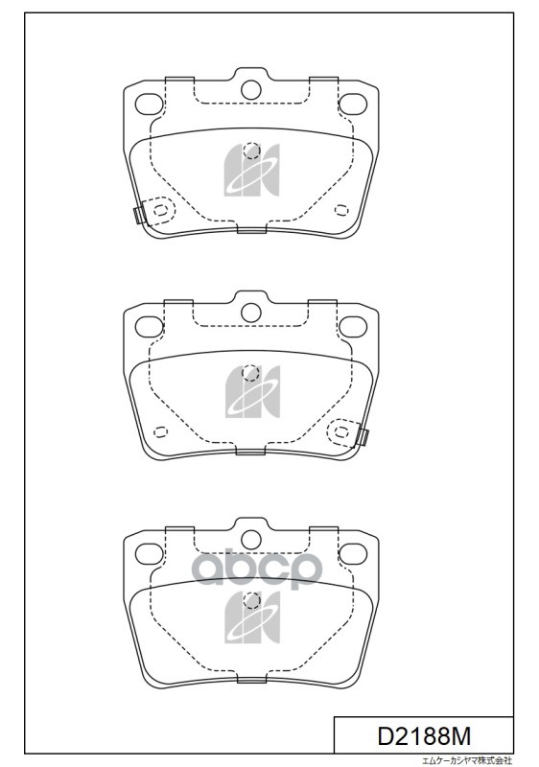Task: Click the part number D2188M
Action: pyautogui.click(x=424, y=735)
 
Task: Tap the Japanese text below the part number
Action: pyautogui.click(x=467, y=760)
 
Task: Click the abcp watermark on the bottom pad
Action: pyautogui.click(x=257, y=569)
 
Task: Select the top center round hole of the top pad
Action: pyautogui.click(x=251, y=89)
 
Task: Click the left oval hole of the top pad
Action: pyautogui.click(x=149, y=105)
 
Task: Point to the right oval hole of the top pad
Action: pyautogui.click(x=353, y=104)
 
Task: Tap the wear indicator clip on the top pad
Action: pyautogui.click(x=139, y=215)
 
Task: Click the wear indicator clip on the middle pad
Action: pyautogui.click(x=363, y=436)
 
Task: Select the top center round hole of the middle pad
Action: pyautogui.click(x=251, y=313)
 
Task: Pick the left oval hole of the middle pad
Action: pyautogui.click(x=149, y=327)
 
